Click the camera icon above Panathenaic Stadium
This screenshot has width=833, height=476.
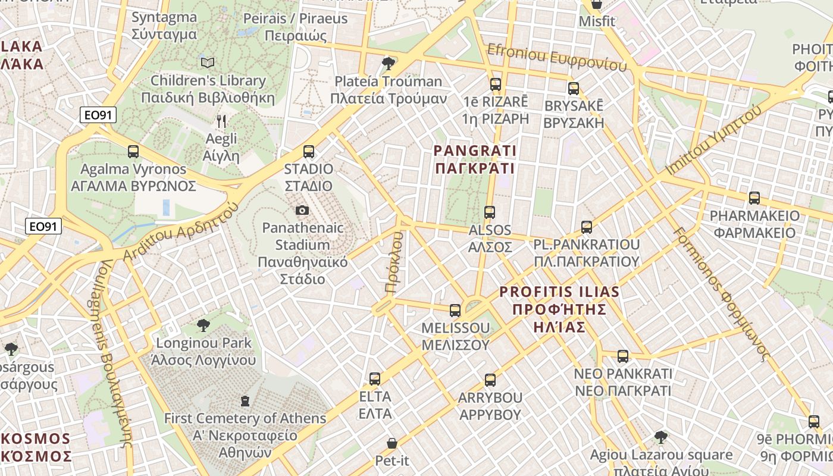tap(302, 210)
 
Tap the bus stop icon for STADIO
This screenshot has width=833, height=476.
tap(308, 152)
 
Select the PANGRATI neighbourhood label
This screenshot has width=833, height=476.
tap(475, 159)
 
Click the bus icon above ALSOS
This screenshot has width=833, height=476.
tap(490, 212)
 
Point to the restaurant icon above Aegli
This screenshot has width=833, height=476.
tap(221, 121)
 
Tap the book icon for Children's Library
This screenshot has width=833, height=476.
tap(208, 62)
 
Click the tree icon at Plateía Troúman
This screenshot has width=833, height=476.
tap(389, 63)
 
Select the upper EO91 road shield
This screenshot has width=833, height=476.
tap(98, 115)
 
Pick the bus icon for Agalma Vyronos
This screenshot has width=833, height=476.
tap(133, 152)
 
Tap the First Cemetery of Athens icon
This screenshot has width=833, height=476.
tap(245, 401)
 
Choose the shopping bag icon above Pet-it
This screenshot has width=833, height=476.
tap(392, 443)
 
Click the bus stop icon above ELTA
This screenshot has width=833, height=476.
tap(375, 379)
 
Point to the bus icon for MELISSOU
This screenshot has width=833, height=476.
tap(455, 310)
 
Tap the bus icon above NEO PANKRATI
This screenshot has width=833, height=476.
tap(623, 356)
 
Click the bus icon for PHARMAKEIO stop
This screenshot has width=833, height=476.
tap(754, 198)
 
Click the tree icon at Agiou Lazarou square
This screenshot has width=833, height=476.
tap(660, 438)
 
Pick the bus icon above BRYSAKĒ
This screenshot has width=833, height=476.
tap(574, 89)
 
